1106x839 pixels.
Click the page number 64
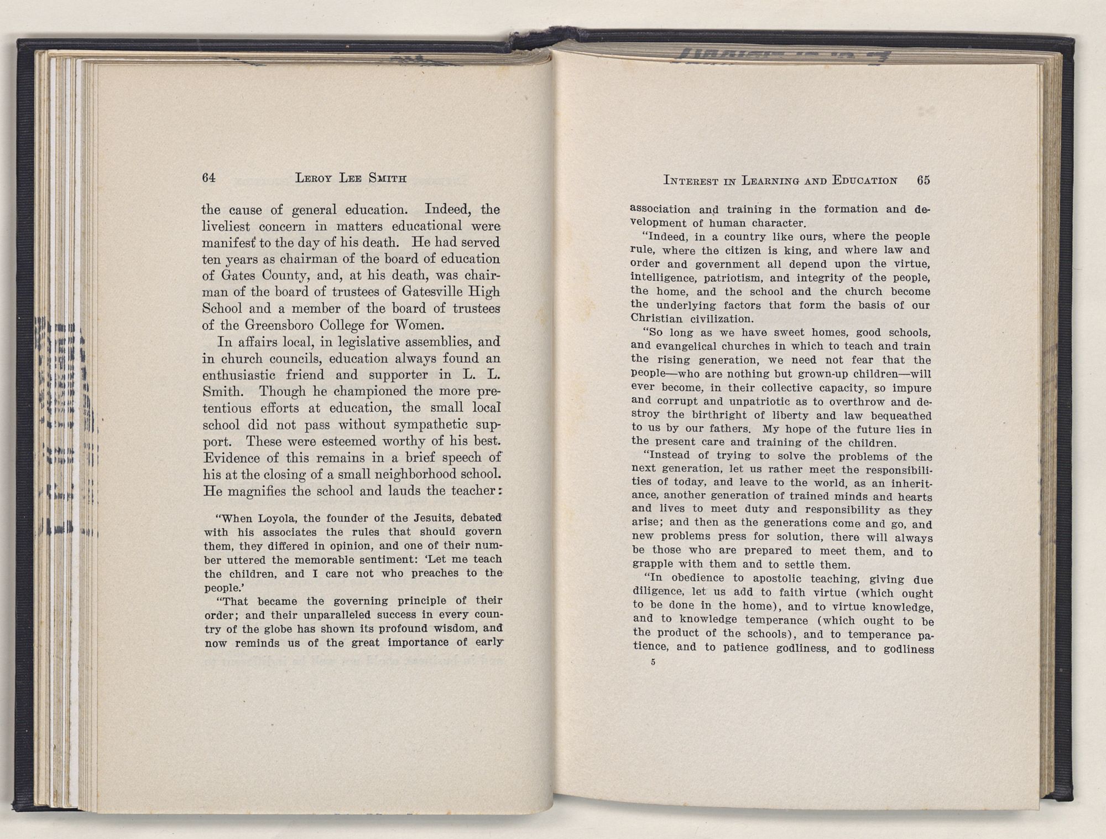point(208,178)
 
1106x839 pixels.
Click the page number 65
point(924,180)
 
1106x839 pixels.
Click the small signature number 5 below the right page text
point(653,662)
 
